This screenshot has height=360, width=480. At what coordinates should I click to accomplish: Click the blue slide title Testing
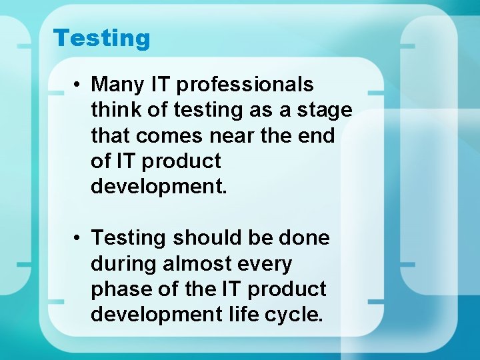102,38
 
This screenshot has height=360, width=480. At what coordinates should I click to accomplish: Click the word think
113,111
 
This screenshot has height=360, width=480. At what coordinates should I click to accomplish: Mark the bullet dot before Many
78,85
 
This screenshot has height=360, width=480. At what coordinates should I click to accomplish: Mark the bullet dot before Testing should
78,238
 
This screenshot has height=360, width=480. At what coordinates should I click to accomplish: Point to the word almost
193,264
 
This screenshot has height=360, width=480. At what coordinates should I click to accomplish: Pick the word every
262,264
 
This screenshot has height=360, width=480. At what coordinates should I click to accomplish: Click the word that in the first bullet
111,136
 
